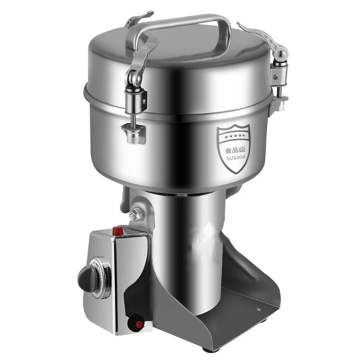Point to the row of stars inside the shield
point(232,136)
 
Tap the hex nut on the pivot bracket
point(133,216)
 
